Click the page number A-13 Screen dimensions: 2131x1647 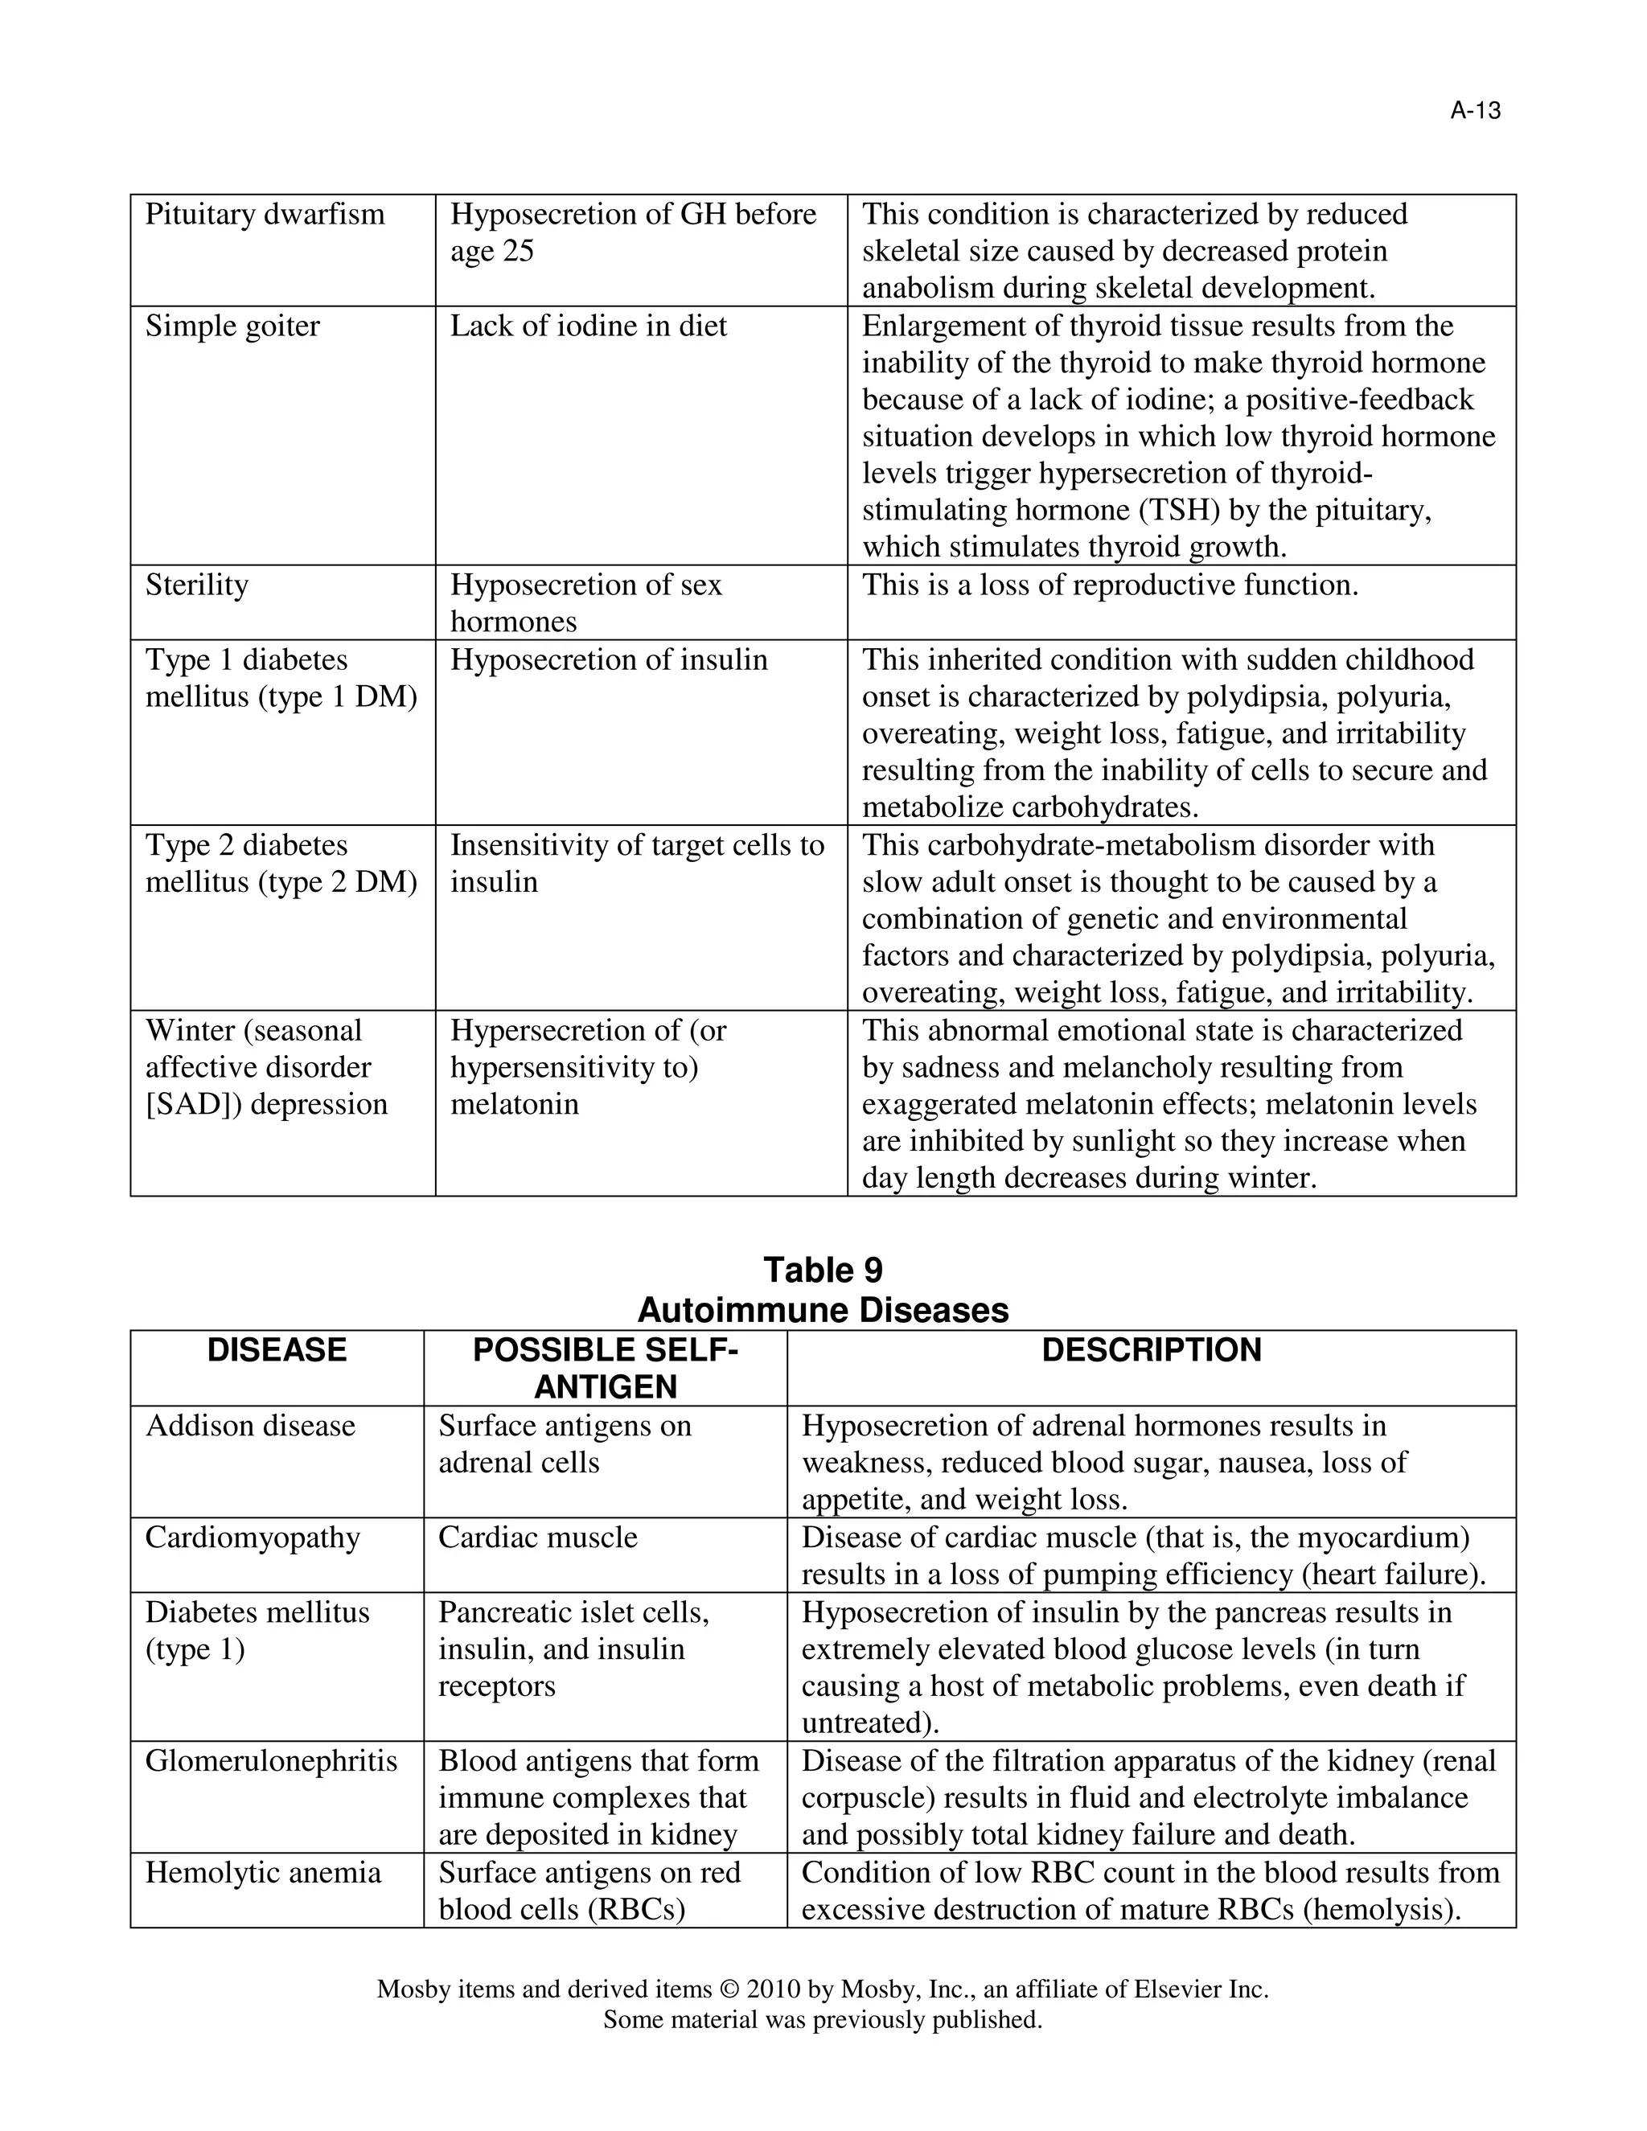click(1474, 111)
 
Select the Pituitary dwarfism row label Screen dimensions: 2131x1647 click(265, 215)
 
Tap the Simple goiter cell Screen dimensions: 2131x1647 click(232, 326)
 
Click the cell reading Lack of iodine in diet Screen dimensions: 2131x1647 click(589, 326)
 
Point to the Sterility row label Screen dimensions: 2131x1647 click(196, 585)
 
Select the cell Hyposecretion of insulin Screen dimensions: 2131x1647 click(609, 660)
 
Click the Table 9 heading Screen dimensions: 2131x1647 click(823, 1270)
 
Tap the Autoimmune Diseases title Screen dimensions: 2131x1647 click(823, 1309)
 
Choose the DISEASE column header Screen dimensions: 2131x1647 click(277, 1350)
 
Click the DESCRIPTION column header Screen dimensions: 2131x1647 click(1152, 1350)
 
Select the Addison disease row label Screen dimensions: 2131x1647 click(250, 1426)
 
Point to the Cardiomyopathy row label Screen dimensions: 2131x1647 click(253, 1538)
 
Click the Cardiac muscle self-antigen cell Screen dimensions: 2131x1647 click(538, 1538)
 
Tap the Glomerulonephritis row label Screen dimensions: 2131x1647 click(271, 1761)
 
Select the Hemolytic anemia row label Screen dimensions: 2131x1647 click(262, 1872)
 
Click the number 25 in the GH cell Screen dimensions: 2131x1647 click(517, 252)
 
